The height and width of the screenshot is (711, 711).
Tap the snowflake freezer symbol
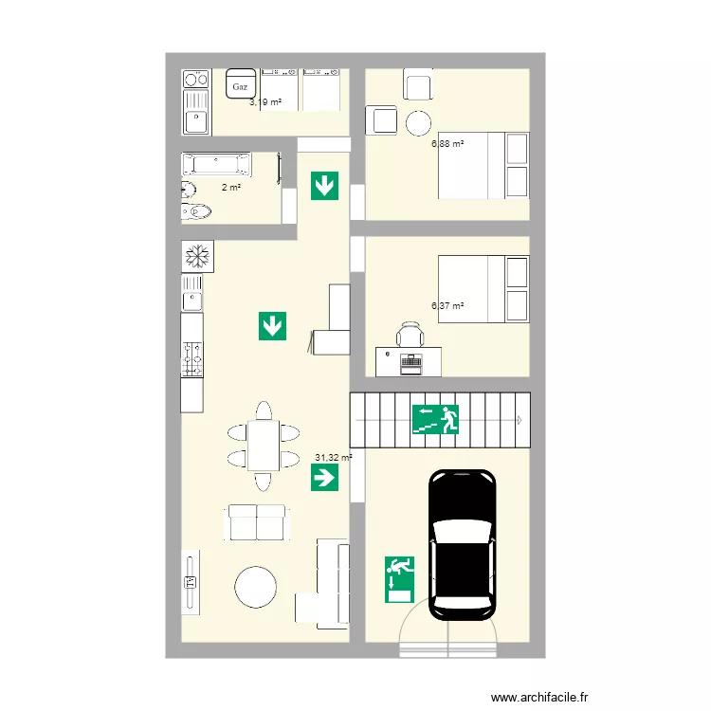click(x=198, y=255)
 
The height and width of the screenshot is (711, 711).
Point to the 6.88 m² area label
click(x=447, y=144)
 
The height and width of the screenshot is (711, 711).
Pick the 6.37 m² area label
click(x=447, y=306)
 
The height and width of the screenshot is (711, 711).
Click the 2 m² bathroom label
click(x=230, y=188)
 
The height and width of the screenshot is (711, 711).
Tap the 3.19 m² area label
click(x=264, y=101)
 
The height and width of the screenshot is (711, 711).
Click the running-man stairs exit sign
click(x=435, y=419)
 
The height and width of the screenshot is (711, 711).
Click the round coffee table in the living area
click(x=256, y=587)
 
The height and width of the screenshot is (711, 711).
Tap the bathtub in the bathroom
click(x=216, y=164)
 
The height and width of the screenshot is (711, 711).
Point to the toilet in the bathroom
click(x=194, y=210)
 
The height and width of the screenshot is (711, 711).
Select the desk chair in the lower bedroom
click(x=410, y=335)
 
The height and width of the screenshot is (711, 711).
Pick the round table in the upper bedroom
click(x=419, y=122)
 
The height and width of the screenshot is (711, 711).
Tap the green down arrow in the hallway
click(x=324, y=185)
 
